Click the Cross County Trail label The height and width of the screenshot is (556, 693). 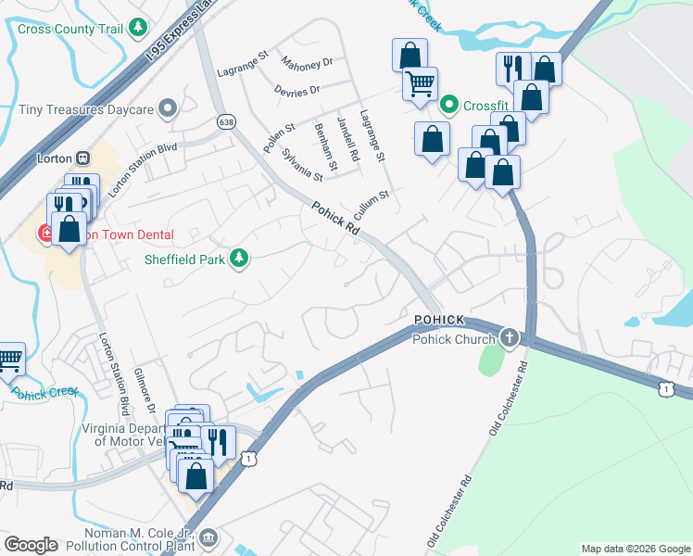[70, 29]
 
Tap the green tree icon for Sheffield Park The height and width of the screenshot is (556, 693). [240, 258]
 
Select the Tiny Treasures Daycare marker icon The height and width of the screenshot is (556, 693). [168, 109]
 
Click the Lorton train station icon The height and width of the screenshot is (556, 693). [82, 158]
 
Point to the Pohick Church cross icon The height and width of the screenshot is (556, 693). [509, 338]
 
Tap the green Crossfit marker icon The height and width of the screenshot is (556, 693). [448, 105]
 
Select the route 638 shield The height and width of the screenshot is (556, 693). [225, 121]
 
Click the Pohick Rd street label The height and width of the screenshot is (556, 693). [335, 218]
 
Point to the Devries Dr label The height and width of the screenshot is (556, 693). [296, 91]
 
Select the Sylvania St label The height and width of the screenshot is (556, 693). [302, 165]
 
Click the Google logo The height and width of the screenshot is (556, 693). [31, 545]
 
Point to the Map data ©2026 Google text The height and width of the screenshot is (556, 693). [635, 549]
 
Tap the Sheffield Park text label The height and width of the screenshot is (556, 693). [184, 259]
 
